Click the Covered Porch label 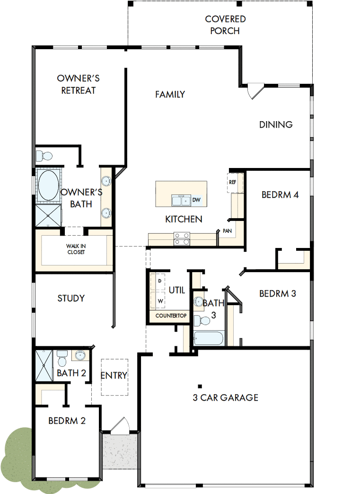pos(225,25)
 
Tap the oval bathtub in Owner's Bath pos(48,185)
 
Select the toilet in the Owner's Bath pos(45,156)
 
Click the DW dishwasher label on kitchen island pos(196,200)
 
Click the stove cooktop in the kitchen pos(182,239)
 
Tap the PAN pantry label pos(227,231)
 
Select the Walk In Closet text pos(76,249)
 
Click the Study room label pos(71,298)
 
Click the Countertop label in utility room pos(171,316)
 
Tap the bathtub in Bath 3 pos(209,339)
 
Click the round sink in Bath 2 pos(80,355)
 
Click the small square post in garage pos(200,386)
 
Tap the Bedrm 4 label pos(280,194)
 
